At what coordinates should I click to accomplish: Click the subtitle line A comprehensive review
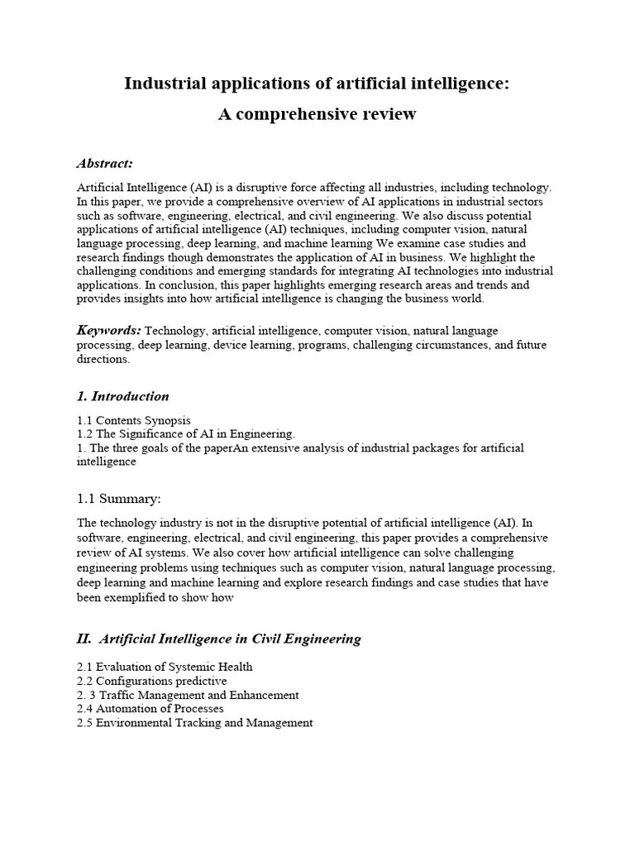point(317,114)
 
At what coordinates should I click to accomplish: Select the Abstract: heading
point(105,163)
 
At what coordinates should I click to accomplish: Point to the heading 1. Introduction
point(122,395)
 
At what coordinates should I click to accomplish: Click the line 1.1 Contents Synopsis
point(134,421)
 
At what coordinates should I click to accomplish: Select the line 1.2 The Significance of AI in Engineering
point(186,434)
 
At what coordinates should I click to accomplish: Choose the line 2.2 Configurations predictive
point(151,681)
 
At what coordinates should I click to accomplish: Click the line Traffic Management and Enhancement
point(197,695)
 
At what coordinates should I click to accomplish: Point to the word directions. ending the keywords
point(103,359)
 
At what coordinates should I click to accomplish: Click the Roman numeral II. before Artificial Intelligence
point(84,638)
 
